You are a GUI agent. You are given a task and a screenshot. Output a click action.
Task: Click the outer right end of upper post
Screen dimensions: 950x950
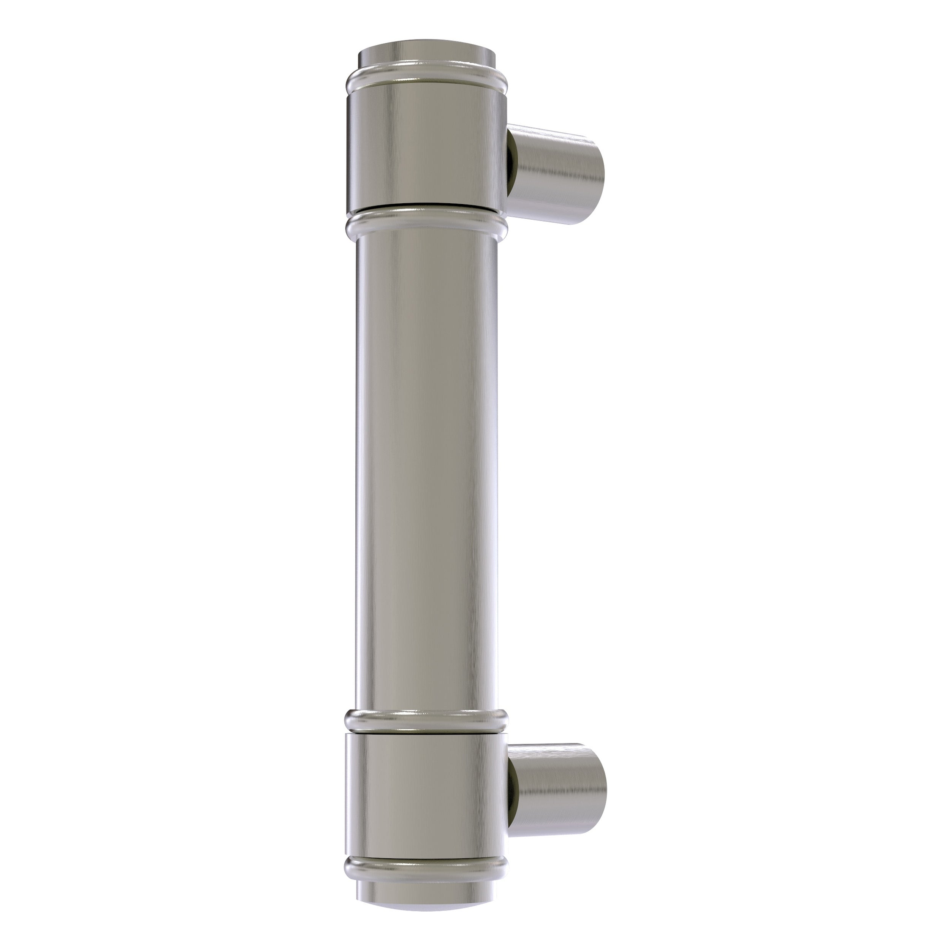pos(595,179)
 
